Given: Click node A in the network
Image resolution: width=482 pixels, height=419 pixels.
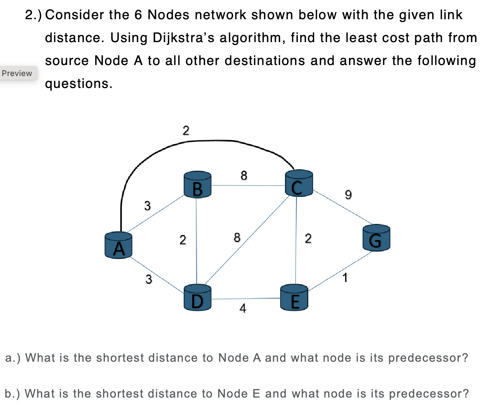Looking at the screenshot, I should tap(118, 245).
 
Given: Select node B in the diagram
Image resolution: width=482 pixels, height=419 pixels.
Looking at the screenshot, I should tap(197, 185).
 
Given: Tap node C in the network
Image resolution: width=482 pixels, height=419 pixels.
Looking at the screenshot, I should tap(299, 184).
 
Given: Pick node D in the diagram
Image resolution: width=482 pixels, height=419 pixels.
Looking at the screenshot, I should tap(197, 297).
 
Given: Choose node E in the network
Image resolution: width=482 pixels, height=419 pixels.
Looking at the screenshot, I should tap(294, 298).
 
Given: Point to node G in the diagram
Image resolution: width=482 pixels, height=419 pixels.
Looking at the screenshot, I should tap(376, 238).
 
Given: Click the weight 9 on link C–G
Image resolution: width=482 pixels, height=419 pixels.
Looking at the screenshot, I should tap(348, 194).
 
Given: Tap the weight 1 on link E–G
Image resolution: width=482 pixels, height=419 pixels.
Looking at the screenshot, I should tap(345, 277).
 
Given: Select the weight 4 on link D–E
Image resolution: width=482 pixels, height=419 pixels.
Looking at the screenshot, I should tap(242, 308).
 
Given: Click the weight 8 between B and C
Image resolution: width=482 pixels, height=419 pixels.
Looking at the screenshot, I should tap(244, 175).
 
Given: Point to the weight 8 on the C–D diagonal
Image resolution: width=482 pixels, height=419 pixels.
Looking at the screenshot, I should tap(237, 237).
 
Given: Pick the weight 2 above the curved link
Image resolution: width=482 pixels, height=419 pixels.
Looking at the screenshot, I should tap(186, 130).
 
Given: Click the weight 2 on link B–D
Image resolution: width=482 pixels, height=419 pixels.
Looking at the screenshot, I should tap(183, 240).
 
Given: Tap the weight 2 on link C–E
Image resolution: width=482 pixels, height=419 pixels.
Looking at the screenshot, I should tap(308, 238).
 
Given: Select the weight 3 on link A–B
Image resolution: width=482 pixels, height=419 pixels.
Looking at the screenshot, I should tap(147, 205).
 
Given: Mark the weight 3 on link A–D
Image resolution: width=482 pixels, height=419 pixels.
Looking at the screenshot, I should tap(148, 279).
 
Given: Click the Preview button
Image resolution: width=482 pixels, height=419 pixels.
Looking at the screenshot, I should tap(17, 73).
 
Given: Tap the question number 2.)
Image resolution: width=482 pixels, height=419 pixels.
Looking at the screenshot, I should tap(34, 15).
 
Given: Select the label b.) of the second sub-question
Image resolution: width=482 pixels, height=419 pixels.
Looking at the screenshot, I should tap(13, 394).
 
